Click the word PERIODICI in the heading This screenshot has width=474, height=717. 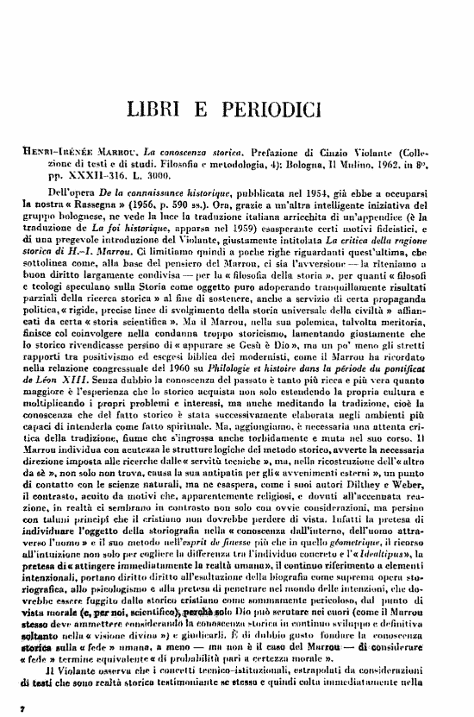[x=259, y=110]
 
